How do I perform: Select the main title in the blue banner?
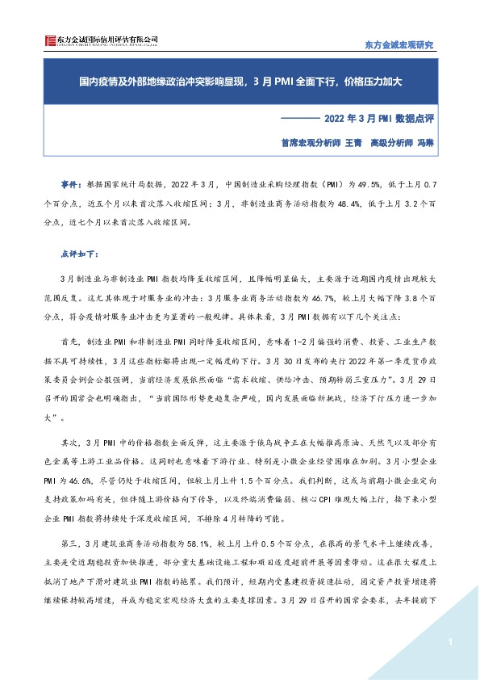click(240, 82)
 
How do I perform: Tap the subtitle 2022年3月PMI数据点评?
click(379, 118)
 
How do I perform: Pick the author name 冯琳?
click(425, 141)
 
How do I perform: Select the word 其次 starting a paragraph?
click(71, 443)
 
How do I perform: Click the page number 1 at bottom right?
click(448, 642)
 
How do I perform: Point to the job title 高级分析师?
click(393, 141)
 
